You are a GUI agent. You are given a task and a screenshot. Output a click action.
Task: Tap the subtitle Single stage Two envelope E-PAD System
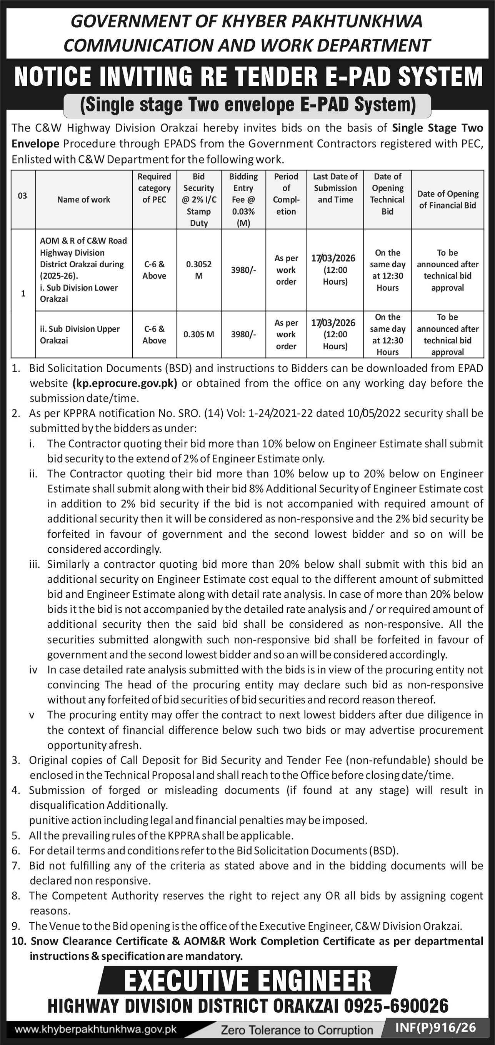coord(248,105)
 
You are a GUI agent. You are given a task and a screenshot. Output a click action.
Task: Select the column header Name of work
coord(83,200)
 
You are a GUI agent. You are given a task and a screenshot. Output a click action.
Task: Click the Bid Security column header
coord(199,200)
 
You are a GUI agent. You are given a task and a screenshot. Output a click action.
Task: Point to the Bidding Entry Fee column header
coord(243,200)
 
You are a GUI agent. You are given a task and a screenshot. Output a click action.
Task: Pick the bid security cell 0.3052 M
coord(199,270)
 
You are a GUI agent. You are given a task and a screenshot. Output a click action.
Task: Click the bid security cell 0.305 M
coord(199,335)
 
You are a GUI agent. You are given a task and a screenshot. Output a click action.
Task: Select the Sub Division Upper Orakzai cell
coord(80,335)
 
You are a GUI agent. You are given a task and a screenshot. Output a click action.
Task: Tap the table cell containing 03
coord(23,196)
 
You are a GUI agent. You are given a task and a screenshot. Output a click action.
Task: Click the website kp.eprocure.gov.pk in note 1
coord(125,383)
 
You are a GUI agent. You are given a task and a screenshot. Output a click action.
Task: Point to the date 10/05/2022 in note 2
coord(374,413)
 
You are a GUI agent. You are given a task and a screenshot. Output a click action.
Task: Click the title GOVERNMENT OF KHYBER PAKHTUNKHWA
coord(247,22)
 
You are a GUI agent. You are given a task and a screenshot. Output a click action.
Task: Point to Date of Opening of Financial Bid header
coord(448,200)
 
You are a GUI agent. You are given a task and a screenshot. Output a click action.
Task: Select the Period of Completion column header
coord(286,194)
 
